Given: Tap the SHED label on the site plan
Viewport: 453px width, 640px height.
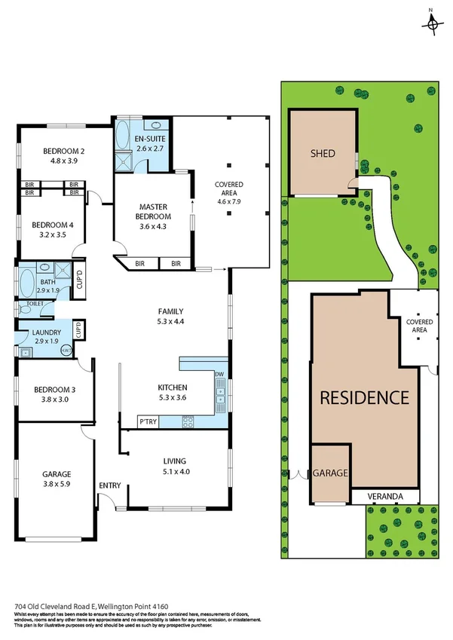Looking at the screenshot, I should click(x=323, y=154).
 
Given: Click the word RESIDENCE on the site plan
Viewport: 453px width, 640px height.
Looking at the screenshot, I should click(x=365, y=397).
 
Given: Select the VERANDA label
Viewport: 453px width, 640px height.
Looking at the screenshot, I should click(x=384, y=497).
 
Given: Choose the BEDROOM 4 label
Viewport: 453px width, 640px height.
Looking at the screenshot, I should click(x=52, y=225).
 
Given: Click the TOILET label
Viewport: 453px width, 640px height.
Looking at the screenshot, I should click(x=35, y=303).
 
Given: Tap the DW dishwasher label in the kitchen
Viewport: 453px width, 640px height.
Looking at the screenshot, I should click(x=220, y=374).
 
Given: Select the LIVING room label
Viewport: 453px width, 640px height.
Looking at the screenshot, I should click(x=174, y=461).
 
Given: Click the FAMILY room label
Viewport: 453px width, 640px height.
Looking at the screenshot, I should click(x=170, y=311).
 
